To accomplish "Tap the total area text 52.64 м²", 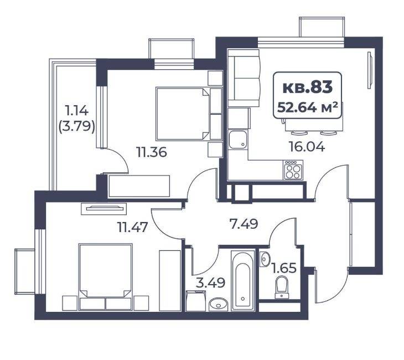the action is pyautogui.click(x=307, y=107).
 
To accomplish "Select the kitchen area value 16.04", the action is pyautogui.click(x=307, y=147).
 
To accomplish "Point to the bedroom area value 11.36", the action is pyautogui.click(x=152, y=152).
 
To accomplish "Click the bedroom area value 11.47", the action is pyautogui.click(x=132, y=228).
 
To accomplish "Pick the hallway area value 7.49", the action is pyautogui.click(x=244, y=224).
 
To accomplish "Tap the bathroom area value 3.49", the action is pyautogui.click(x=210, y=283).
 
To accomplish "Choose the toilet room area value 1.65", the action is pyautogui.click(x=284, y=268).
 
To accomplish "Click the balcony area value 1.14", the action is pyautogui.click(x=77, y=111).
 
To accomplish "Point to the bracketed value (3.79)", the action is pyautogui.click(x=77, y=126).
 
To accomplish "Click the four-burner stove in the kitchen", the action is pyautogui.click(x=293, y=169).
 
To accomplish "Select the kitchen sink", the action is pyautogui.click(x=238, y=139).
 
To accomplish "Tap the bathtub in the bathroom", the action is pyautogui.click(x=243, y=280).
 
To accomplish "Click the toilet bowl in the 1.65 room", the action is pyautogui.click(x=282, y=287).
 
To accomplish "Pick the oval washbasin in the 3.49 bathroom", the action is pyautogui.click(x=218, y=305).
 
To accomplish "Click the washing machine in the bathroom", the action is pyautogui.click(x=195, y=301).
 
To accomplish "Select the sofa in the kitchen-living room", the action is pyautogui.click(x=244, y=78).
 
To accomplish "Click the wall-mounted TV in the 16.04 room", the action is pyautogui.click(x=370, y=70).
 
